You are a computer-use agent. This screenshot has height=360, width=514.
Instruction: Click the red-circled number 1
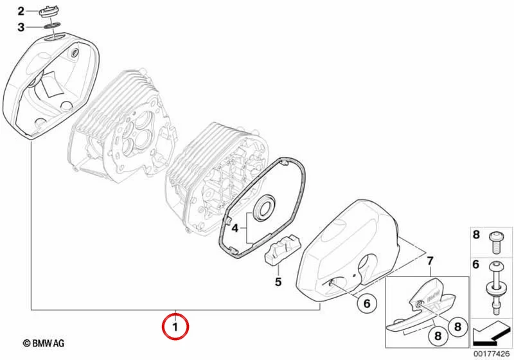pos(175,327)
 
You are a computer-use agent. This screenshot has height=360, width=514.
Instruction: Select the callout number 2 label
pos(21,12)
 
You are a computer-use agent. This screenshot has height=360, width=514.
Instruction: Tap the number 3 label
pos(21,27)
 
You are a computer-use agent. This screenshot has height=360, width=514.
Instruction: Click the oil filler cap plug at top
pos(49,12)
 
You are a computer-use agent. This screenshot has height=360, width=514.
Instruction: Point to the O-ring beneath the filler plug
pos(52,25)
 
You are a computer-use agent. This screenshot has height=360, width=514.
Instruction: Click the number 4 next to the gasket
pos(235,228)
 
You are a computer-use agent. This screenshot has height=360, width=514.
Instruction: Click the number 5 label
pos(278,282)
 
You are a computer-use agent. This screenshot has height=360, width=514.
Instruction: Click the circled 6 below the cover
pos(367,303)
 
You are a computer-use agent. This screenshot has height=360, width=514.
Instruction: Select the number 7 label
pos(430,261)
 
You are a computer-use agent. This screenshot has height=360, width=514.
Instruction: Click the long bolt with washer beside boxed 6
pos(495,287)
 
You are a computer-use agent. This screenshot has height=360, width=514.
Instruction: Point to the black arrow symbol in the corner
pos(492,334)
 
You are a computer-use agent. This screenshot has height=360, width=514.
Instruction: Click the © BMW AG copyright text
pos(44,343)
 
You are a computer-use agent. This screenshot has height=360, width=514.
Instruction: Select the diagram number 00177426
pos(492,354)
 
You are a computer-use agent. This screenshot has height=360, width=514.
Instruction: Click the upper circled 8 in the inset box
pos(457,326)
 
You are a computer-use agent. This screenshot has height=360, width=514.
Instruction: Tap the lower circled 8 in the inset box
pos(438,336)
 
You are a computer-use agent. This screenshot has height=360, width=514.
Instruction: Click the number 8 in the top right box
pos(476,235)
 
